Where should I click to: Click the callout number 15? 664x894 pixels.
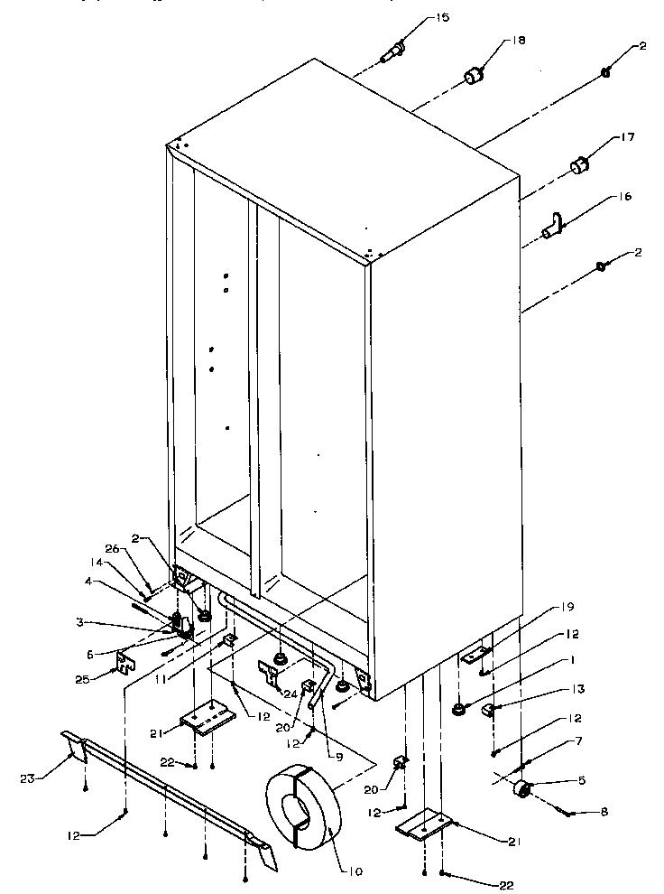coord(443,18)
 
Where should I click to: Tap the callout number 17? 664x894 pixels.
coord(626,138)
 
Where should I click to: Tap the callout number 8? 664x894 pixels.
coord(604,812)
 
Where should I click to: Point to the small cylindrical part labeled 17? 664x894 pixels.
coord(579,166)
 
